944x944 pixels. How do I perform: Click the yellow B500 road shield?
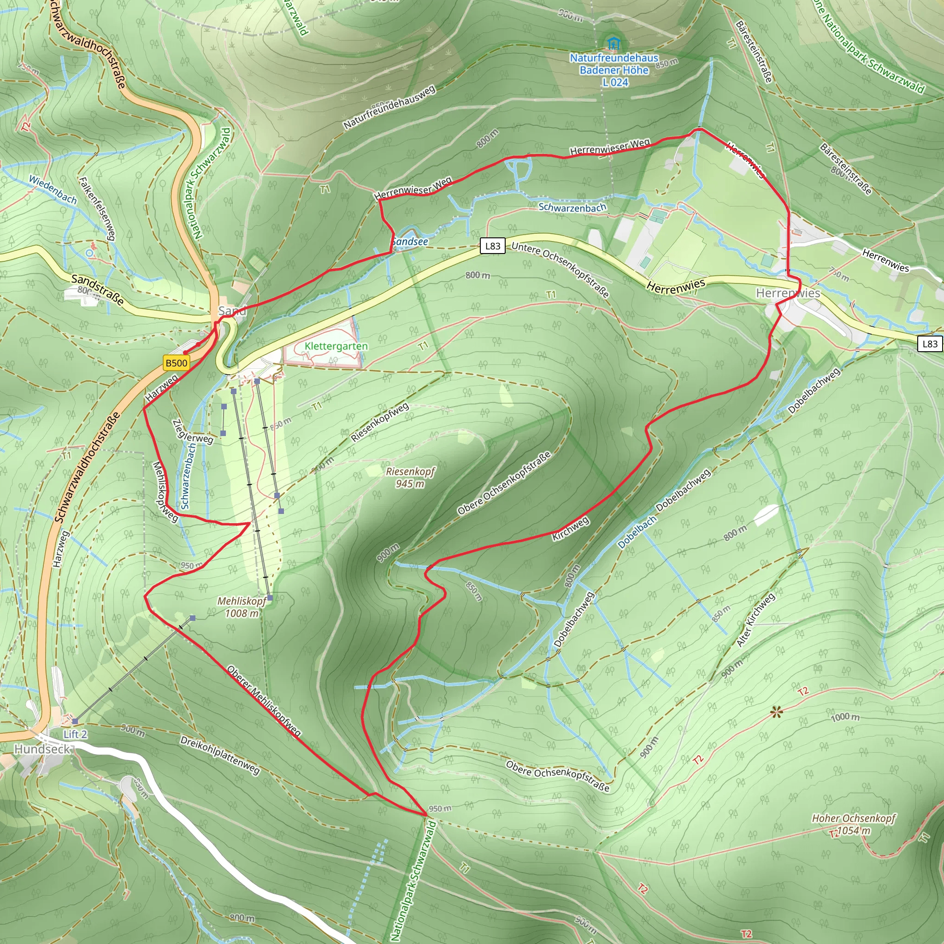(177, 363)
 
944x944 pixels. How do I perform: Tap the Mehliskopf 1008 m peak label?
(242, 607)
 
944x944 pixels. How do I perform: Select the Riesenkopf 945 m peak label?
(410, 478)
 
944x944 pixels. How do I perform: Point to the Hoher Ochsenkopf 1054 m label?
(854, 824)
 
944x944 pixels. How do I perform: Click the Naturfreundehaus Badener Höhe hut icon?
(612, 43)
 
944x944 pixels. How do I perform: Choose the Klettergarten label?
(336, 346)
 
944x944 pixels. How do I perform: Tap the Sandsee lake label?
(410, 242)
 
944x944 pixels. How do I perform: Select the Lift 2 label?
(75, 734)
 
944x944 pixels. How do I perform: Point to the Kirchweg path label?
(570, 529)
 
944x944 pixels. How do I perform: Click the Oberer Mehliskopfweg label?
(263, 701)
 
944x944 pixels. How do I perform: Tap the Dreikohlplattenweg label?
(220, 755)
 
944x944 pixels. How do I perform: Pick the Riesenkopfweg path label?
(380, 422)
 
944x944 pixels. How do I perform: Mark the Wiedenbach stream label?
(53, 189)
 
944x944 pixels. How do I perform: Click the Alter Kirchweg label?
(755, 620)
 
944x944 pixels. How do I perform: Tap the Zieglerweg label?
(193, 431)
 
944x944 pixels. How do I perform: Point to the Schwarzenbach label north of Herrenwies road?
(572, 208)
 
